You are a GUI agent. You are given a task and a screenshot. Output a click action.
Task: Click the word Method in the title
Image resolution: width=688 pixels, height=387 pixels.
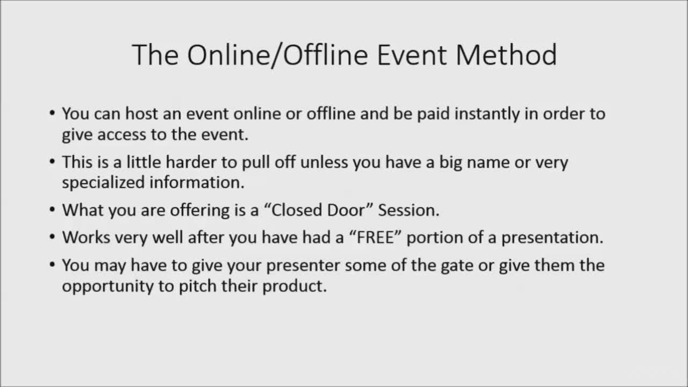point(506,55)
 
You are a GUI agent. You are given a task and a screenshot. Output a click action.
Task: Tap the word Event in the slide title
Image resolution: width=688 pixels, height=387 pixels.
point(412,55)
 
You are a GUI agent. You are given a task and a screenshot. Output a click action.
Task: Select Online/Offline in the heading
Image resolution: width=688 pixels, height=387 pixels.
point(278,55)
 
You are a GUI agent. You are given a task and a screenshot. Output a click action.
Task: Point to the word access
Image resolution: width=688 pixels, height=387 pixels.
point(121,135)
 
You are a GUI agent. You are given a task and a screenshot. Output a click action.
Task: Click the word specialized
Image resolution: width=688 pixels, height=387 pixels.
point(103,182)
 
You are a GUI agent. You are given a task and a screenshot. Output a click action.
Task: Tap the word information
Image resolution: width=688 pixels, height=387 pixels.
point(197,182)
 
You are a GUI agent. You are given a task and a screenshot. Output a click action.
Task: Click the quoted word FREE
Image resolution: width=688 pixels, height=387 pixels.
point(376,238)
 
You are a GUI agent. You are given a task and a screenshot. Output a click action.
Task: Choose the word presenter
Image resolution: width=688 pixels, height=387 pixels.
point(303,266)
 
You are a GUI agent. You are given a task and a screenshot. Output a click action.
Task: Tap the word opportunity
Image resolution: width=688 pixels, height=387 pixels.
point(107,286)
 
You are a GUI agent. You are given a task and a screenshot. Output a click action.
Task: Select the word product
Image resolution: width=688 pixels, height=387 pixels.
point(295,286)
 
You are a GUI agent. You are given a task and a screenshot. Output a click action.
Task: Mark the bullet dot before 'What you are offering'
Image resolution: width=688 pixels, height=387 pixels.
point(52,210)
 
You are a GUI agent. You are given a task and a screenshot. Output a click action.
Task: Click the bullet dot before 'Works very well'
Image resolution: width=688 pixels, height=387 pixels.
point(52,237)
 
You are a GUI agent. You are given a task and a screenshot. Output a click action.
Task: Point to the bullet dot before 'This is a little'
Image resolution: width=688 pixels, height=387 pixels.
point(52,162)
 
